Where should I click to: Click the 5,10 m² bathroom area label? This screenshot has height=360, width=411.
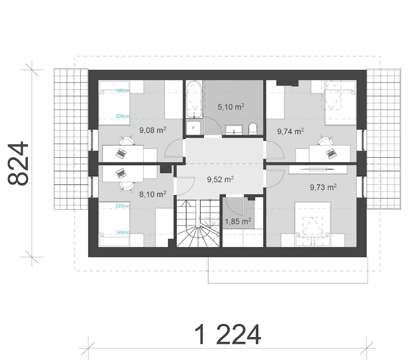point(231,107)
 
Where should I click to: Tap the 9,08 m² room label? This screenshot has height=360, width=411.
point(153,130)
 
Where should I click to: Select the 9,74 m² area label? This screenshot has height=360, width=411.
point(291,131)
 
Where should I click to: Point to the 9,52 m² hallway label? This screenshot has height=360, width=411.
point(220,179)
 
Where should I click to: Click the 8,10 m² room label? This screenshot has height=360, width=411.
point(153,194)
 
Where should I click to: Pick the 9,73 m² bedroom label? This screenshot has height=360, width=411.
point(323,187)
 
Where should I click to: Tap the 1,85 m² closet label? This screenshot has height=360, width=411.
point(238,221)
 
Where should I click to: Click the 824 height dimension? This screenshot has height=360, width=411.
point(18,164)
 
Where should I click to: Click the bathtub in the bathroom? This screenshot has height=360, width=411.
point(194,99)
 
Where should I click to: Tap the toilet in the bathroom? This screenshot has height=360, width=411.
point(253,129)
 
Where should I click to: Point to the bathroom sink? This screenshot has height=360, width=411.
point(234,130)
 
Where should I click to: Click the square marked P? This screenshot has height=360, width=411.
point(193,128)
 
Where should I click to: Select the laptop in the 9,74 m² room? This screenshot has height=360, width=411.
point(331,153)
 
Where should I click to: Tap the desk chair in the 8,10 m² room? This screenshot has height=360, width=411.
point(127,186)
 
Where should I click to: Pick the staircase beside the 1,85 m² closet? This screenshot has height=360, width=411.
point(198,223)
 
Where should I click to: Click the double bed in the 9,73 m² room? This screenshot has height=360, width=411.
point(313,224)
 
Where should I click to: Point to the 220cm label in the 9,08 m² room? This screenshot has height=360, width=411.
point(123,116)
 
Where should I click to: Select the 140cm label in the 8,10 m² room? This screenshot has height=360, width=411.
point(123,232)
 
